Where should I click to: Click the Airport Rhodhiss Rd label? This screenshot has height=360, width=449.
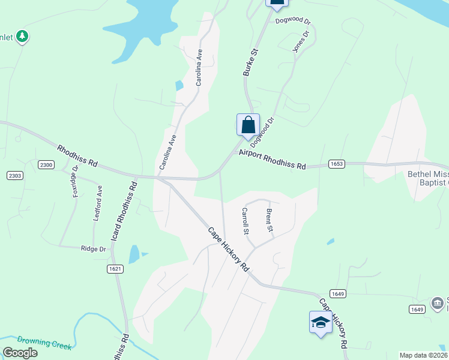[x=272, y=159]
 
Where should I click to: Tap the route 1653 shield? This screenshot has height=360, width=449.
[x=336, y=164]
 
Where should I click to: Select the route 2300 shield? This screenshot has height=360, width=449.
[x=46, y=164]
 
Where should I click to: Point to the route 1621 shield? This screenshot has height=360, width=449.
[x=116, y=269]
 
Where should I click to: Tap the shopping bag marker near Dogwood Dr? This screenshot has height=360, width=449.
[x=249, y=125]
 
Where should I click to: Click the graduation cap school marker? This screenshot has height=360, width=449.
[x=321, y=323]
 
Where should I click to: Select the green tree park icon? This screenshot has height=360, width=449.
[x=22, y=37]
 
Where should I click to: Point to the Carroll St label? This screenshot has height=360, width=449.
[x=245, y=220]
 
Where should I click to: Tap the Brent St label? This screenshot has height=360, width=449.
[x=270, y=220]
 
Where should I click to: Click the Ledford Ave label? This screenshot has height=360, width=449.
[x=97, y=203]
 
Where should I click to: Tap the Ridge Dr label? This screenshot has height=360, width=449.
[x=94, y=248]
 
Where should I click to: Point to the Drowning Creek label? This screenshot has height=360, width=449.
[x=44, y=343]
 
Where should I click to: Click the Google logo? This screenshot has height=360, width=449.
[x=20, y=353]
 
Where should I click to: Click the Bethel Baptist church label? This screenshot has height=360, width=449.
[x=427, y=178]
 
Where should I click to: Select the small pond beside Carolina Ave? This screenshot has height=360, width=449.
[x=179, y=85]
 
